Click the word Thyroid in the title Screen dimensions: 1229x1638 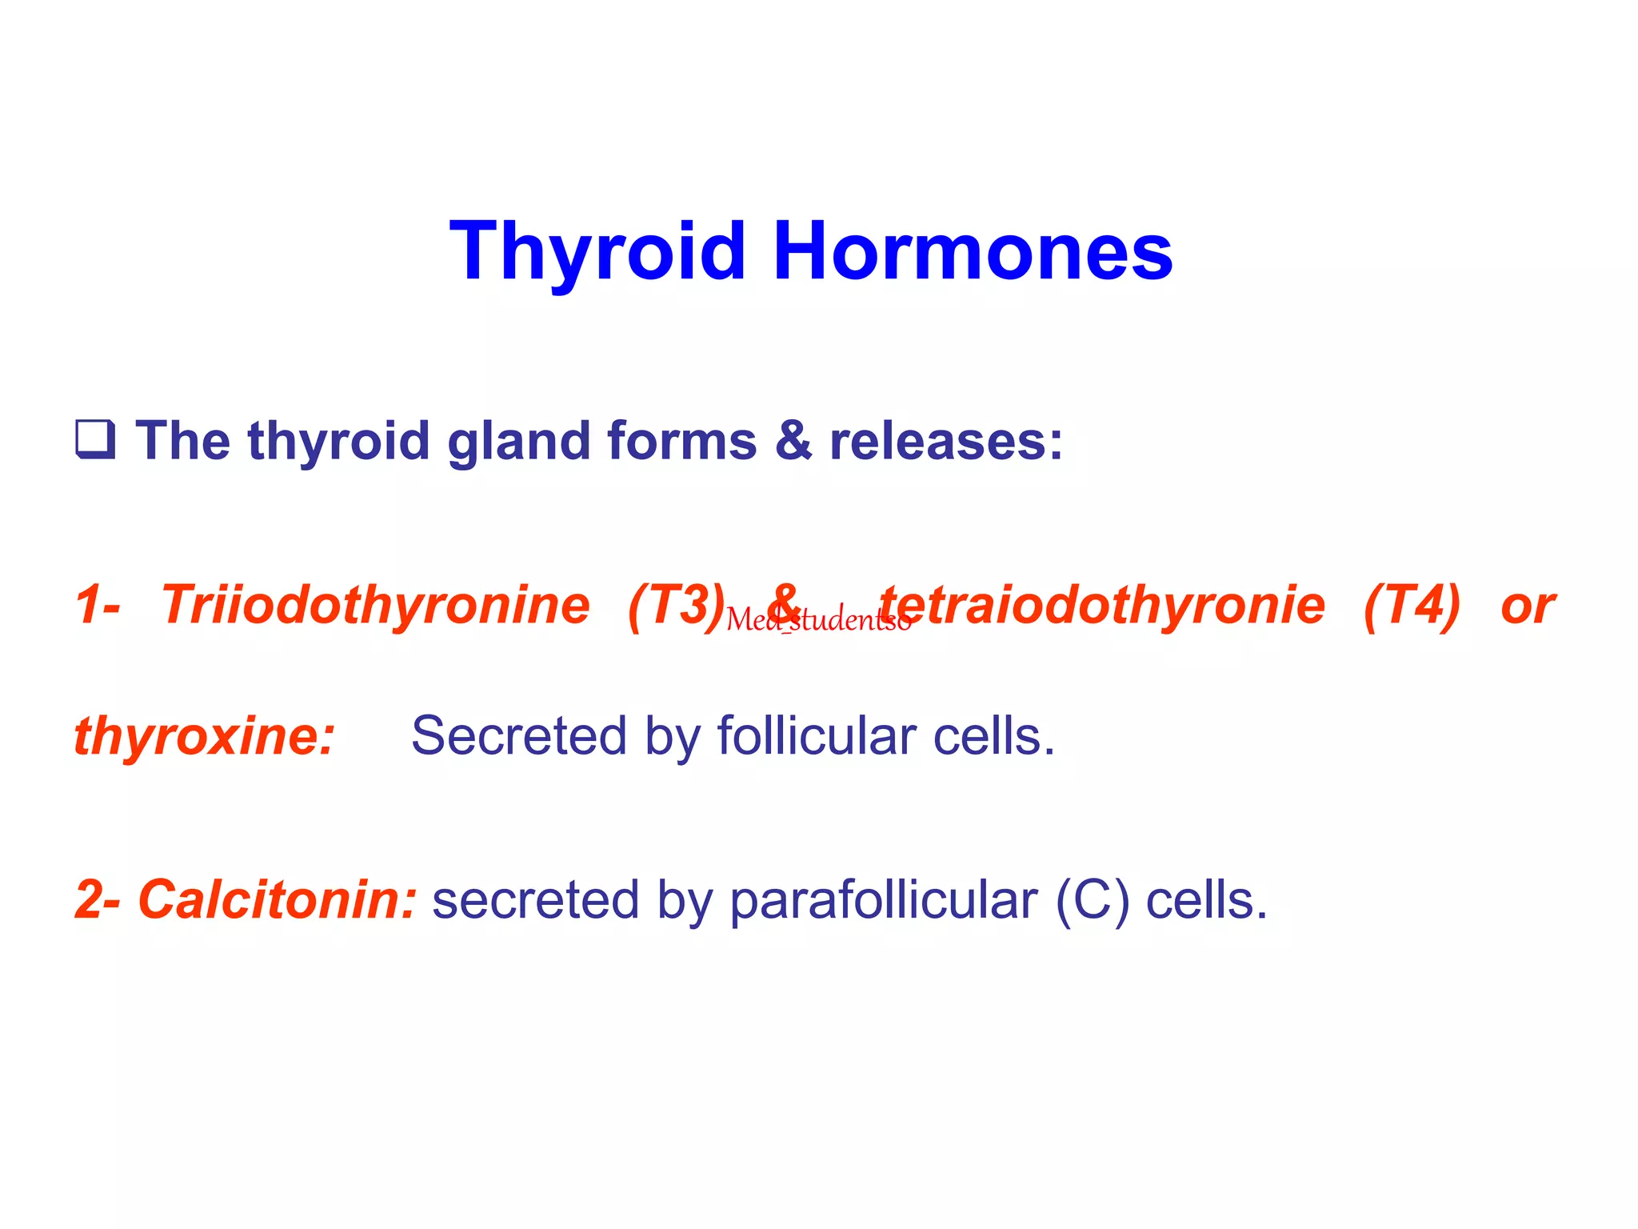tap(597, 251)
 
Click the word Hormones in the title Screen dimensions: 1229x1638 tap(972, 251)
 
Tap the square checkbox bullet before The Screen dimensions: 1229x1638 tap(95, 439)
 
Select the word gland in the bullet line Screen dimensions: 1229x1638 tap(518, 441)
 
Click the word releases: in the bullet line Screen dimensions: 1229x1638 tap(946, 441)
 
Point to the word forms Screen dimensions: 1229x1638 tap(681, 441)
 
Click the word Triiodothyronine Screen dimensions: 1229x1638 tap(375, 605)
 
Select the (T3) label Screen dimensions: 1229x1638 tap(676, 605)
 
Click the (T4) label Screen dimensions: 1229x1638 tap(1412, 605)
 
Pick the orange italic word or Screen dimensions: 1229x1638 tap(1527, 606)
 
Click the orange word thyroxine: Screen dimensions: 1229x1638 tap(204, 736)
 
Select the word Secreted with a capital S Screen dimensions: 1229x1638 tap(518, 736)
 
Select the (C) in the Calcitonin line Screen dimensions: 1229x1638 tap(1092, 900)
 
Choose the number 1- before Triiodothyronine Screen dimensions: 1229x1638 tap(98, 605)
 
